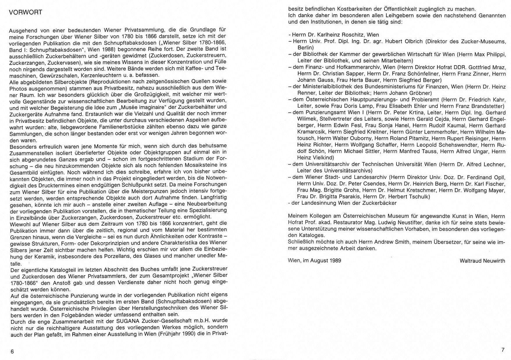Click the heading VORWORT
[x=26, y=12]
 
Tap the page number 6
[x=12, y=351]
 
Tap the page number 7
[x=503, y=350]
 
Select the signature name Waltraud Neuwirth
[x=482, y=261]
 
